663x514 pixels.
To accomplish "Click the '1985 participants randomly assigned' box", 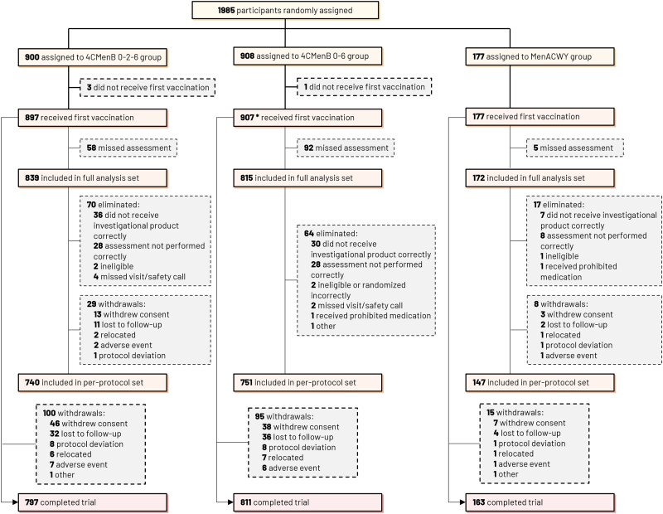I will tap(285, 11).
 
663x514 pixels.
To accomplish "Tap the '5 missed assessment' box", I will tap(574, 148).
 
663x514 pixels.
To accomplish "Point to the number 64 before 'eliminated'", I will tap(308, 235).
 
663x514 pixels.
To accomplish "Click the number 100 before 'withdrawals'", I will tap(48, 412).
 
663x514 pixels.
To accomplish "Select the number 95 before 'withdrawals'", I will tap(260, 417).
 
